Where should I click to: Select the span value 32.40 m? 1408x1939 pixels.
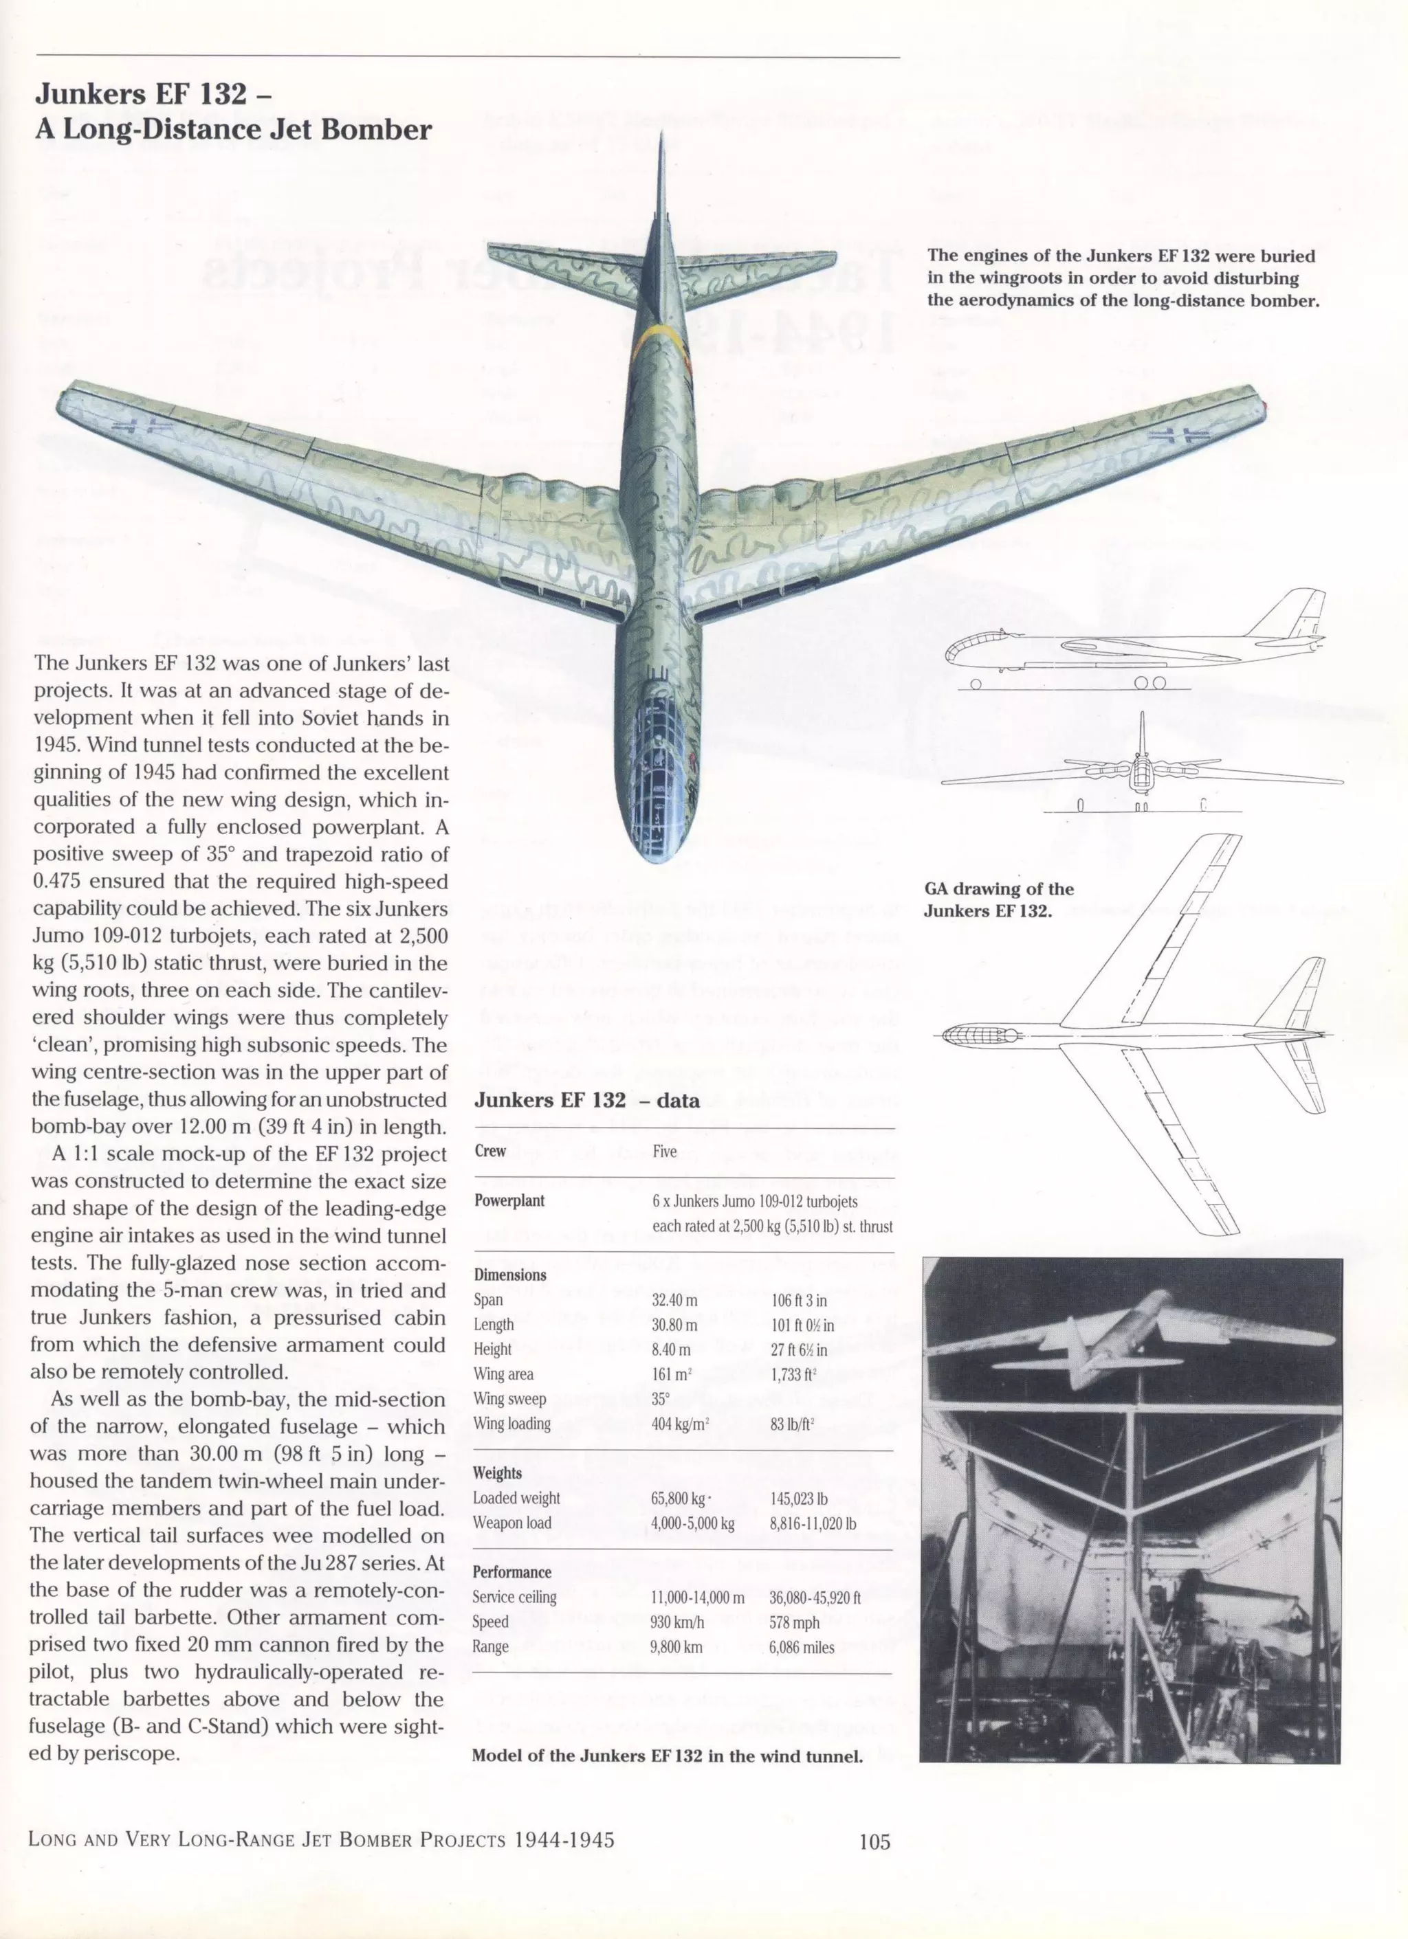point(674,1301)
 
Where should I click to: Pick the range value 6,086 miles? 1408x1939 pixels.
point(801,1646)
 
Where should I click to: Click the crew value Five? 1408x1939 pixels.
point(664,1152)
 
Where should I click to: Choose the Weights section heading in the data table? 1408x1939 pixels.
point(497,1472)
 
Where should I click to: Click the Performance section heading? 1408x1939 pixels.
point(511,1571)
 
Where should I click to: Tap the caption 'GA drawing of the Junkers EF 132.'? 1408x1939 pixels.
point(998,899)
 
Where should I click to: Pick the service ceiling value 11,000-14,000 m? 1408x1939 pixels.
point(697,1597)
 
